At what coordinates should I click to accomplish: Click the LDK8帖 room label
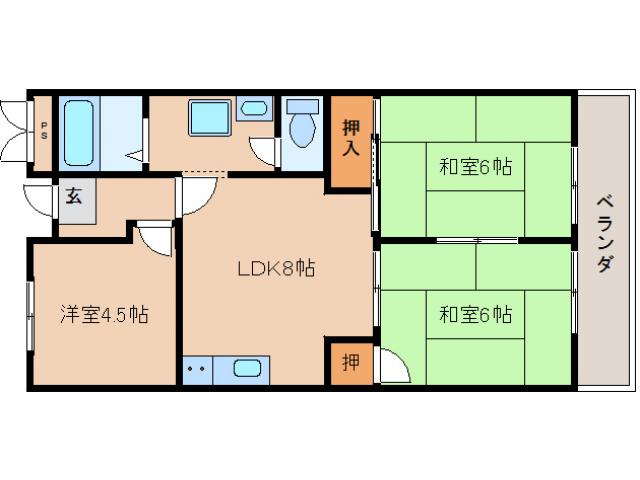point(276,268)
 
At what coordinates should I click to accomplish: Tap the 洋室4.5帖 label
point(105,315)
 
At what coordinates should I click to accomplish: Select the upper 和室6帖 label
point(475,167)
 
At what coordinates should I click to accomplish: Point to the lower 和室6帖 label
point(475,315)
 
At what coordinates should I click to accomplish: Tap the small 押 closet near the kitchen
point(349,362)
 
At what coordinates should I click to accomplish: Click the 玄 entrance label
point(75,196)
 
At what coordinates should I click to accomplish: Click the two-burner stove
point(197,368)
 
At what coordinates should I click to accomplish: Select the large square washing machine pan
point(209,118)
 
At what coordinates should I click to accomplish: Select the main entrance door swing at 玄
point(40,199)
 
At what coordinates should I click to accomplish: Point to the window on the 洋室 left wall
point(30,315)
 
